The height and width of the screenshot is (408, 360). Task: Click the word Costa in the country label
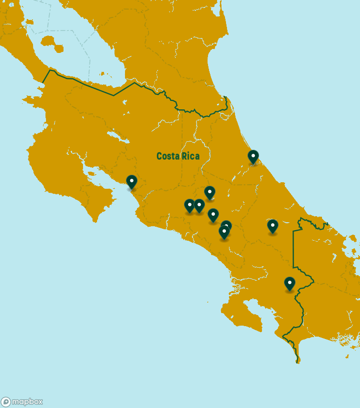click(x=168, y=156)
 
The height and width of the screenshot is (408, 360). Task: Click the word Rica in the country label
click(x=190, y=156)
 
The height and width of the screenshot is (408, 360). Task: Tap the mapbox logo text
click(x=27, y=402)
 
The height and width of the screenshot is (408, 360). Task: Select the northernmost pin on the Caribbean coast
click(x=253, y=157)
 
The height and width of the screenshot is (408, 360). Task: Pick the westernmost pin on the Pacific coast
click(x=131, y=182)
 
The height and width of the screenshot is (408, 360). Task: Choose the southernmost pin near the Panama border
click(x=289, y=284)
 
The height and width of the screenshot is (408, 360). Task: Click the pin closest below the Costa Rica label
click(x=209, y=192)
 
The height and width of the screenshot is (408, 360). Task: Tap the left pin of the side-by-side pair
click(x=189, y=205)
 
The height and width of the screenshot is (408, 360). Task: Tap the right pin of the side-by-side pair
click(x=199, y=205)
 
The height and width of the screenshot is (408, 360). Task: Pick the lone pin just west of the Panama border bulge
click(x=272, y=226)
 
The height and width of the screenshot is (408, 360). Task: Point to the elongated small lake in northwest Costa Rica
click(x=113, y=135)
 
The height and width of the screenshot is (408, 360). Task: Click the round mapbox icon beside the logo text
click(x=6, y=402)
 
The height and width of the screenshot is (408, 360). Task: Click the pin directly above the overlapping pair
click(x=213, y=215)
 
